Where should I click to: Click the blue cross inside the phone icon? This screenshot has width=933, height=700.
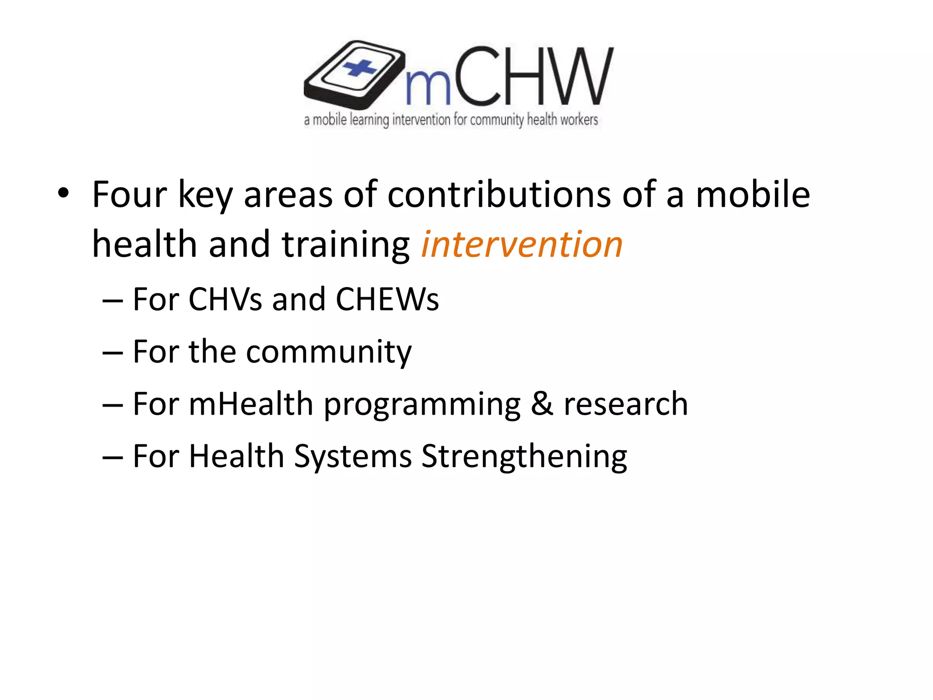pos(359,69)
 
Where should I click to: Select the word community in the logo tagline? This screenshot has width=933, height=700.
pos(497,120)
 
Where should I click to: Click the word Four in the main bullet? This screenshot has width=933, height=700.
pos(129,195)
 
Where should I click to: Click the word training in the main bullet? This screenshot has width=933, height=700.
pos(345,245)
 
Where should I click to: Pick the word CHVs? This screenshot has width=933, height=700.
pos(225,299)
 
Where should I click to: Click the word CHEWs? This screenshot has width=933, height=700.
pos(387,299)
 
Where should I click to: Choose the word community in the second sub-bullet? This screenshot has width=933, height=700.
pos(328,352)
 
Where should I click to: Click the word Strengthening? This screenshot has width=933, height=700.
pos(524,457)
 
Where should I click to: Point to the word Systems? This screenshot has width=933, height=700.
pos(353,457)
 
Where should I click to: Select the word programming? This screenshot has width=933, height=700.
pos(422,405)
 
